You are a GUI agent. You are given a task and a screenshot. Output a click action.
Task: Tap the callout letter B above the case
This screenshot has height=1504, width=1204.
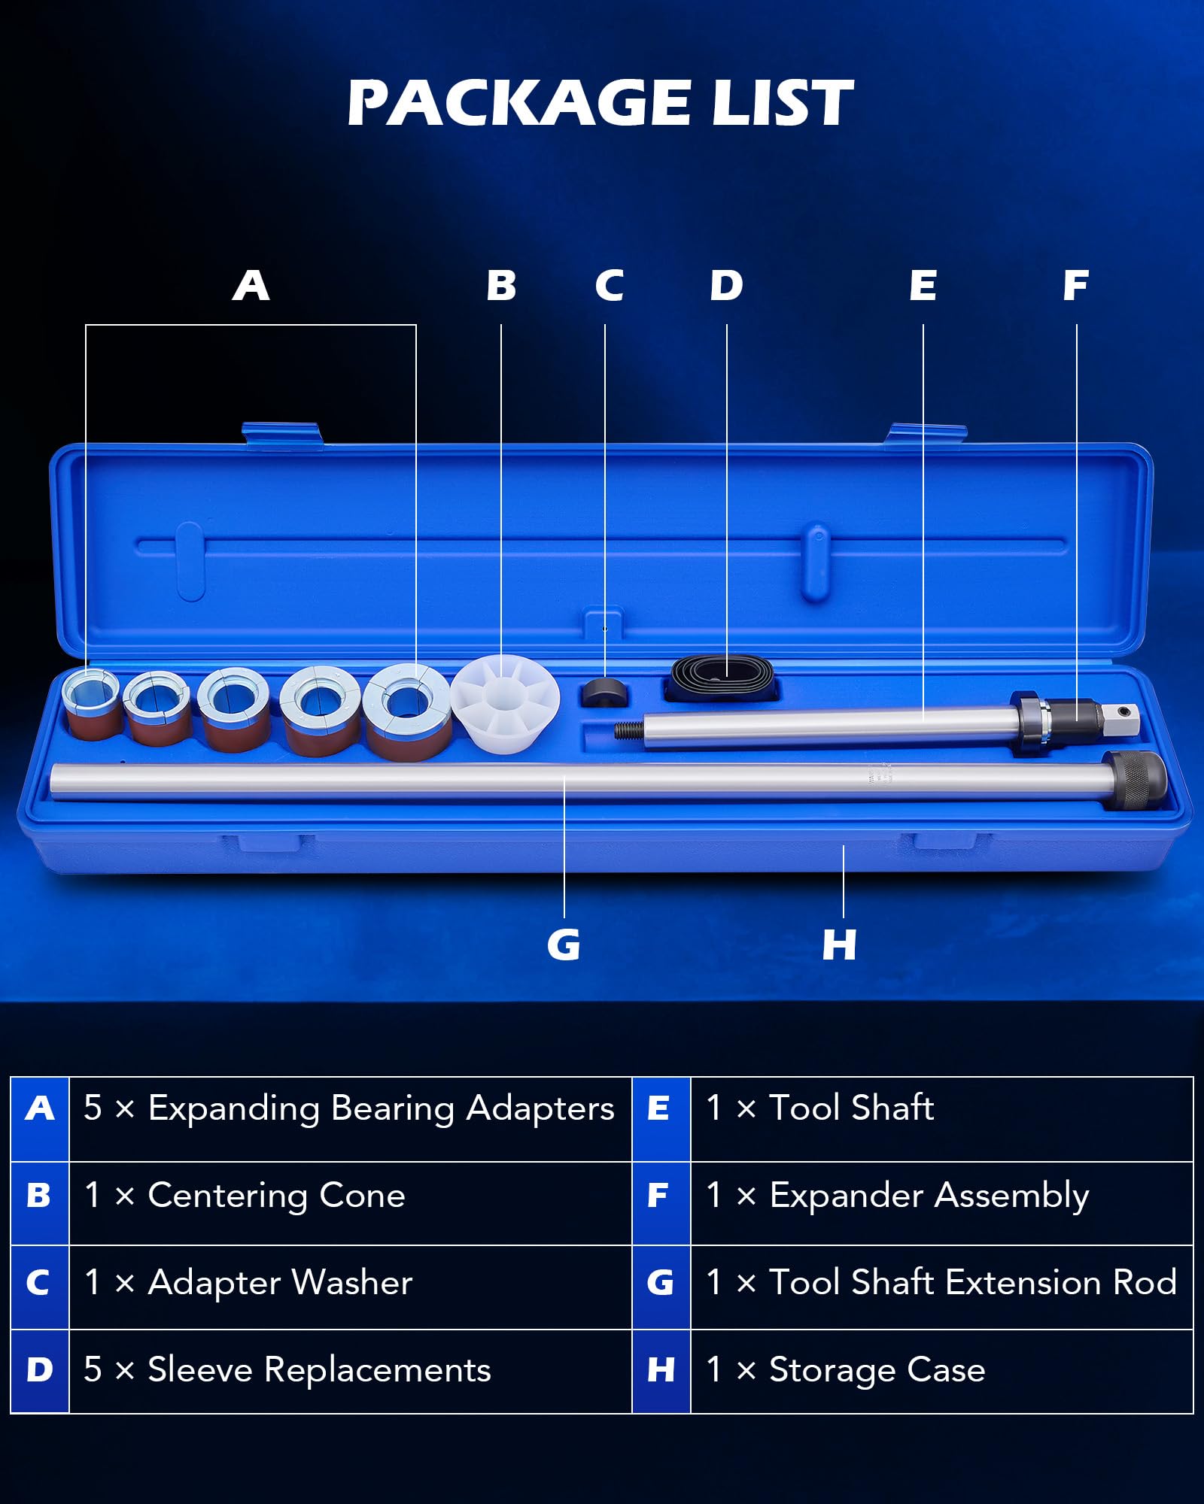pos(501,286)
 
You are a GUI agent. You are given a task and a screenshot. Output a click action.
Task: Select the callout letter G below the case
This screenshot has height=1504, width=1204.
pos(564,945)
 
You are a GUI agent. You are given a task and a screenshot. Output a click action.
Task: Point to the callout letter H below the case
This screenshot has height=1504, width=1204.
pos(839,945)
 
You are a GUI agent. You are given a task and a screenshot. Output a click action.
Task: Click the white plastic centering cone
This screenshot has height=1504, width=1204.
pos(504,703)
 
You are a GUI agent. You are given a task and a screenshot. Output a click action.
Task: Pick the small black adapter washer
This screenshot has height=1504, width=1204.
pos(605,691)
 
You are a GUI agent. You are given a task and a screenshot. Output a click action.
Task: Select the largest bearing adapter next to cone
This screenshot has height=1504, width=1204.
pos(407,711)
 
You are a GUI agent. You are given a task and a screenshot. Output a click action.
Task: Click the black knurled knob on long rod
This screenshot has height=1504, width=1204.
pos(1136,780)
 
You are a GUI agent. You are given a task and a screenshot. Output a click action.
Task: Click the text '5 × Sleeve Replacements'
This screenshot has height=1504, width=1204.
pos(287,1370)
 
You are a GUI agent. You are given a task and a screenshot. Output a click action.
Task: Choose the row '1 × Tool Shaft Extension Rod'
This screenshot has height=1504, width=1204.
pos(941,1283)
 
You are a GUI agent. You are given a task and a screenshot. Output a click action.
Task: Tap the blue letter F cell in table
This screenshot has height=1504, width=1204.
pos(660,1196)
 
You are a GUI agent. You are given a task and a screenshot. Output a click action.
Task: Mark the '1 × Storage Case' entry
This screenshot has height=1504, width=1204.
pos(845,1370)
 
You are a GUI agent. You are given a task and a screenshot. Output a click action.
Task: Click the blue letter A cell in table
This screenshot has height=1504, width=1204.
pos(40,1108)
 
